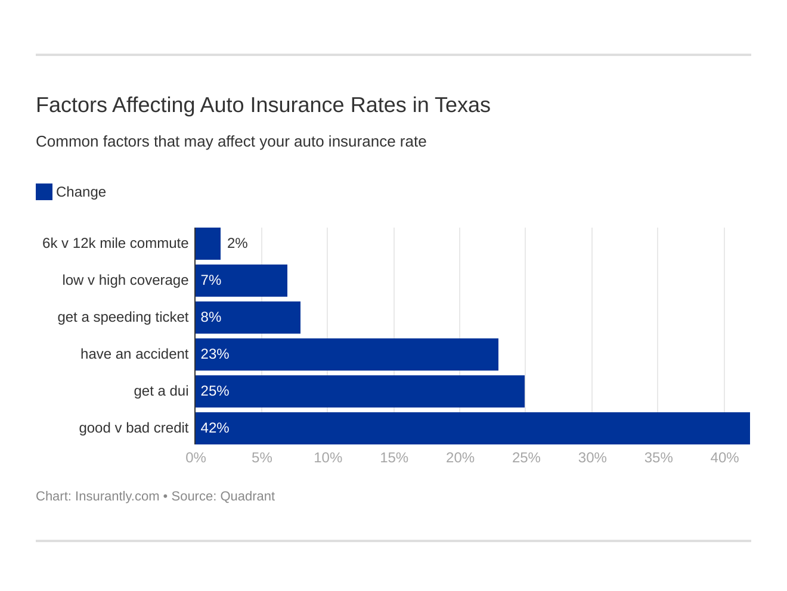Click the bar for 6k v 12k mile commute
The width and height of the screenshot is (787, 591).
point(207,244)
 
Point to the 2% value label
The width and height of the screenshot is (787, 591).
point(237,243)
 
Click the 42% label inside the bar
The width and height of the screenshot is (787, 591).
point(215,428)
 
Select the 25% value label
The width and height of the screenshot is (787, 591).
point(215,391)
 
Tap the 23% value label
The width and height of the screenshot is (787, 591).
point(215,354)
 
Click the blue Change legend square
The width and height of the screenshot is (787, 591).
point(44,192)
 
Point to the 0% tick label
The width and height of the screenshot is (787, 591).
point(196,458)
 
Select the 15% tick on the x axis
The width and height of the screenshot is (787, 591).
point(394,458)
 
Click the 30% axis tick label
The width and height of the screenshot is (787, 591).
point(592,458)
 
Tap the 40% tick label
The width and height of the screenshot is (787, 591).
point(724,458)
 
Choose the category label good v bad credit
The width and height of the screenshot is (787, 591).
point(134,428)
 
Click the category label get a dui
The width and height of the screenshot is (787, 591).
point(161,391)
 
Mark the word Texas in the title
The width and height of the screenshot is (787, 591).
point(462,105)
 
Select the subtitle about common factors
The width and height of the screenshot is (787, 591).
point(231,142)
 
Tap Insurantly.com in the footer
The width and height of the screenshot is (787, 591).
point(117,496)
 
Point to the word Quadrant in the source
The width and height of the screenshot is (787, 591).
point(247,496)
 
